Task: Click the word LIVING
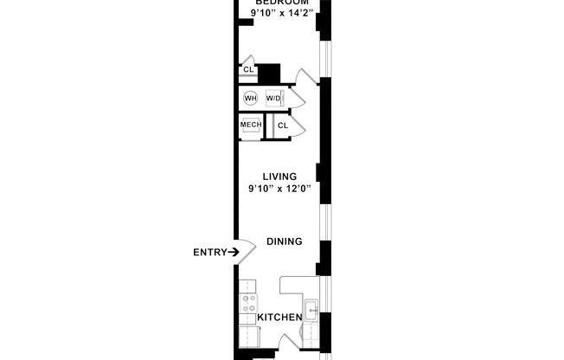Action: pyautogui.click(x=279, y=177)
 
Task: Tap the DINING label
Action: pyautogui.click(x=284, y=241)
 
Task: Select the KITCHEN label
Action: pyautogui.click(x=280, y=318)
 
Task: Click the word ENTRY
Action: pyautogui.click(x=209, y=253)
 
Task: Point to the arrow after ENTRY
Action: pyautogui.click(x=233, y=253)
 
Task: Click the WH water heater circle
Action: pyautogui.click(x=251, y=98)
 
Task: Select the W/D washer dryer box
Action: pyautogui.click(x=274, y=98)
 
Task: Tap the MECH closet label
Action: pyautogui.click(x=251, y=125)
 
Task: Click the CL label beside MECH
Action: pyautogui.click(x=282, y=125)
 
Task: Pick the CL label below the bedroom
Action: pyautogui.click(x=247, y=69)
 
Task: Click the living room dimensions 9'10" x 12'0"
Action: pyautogui.click(x=279, y=189)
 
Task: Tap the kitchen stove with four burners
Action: pyautogui.click(x=249, y=304)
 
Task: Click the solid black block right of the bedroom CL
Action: pyautogui.click(x=271, y=74)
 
